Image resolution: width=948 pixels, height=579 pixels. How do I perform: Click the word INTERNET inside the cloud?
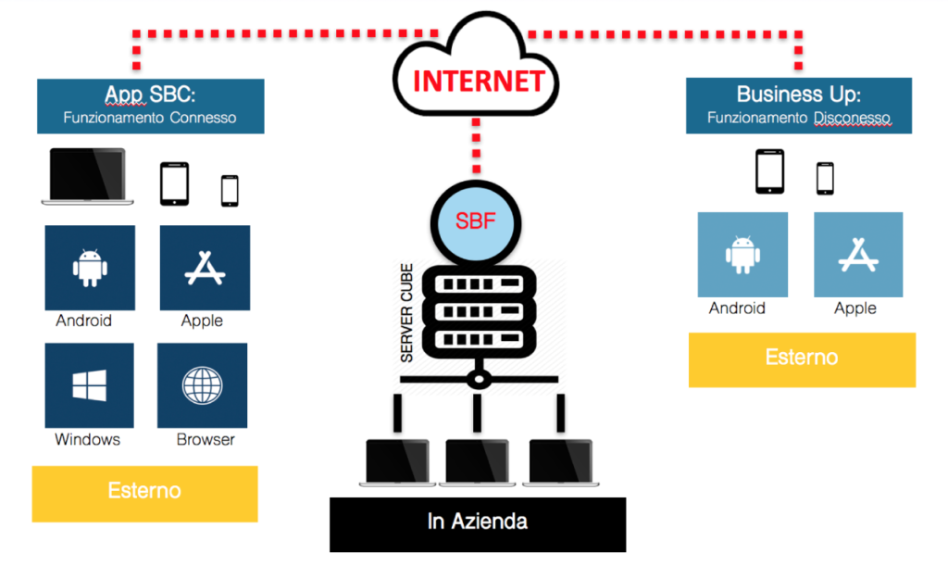479,82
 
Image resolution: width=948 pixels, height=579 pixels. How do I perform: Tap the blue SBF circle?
476,223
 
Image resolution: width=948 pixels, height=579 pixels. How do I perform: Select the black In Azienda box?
478,524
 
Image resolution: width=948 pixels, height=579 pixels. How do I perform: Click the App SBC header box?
151,106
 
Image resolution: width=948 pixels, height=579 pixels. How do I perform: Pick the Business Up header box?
799,106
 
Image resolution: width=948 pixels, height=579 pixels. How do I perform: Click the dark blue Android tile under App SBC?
90,268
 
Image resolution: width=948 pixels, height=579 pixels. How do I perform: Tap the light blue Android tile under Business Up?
742,254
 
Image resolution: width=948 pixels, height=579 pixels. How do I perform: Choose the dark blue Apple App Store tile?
205,268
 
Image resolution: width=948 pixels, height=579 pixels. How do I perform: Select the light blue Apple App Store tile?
858,254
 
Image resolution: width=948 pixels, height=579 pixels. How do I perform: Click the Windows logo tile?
90,385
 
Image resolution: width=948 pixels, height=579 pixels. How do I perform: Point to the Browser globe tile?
203,385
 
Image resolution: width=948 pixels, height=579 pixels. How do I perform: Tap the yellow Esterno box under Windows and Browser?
145,494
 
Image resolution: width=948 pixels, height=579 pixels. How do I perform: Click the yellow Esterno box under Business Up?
803,360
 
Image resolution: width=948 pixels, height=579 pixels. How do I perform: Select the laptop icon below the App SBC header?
88,176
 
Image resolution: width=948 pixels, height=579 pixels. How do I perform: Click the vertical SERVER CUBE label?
406,313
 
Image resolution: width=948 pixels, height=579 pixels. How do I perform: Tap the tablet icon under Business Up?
769,171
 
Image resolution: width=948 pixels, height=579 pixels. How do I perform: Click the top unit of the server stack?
479,283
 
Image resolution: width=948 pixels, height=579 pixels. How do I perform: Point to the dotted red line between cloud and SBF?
477,145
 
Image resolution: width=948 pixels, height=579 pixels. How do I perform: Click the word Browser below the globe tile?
206,439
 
